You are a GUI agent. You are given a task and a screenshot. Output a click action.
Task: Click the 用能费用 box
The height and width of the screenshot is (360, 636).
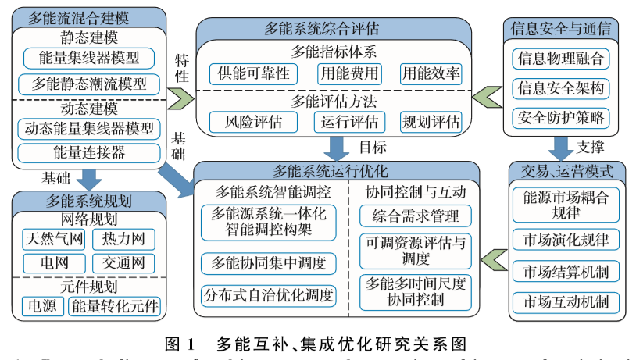348,75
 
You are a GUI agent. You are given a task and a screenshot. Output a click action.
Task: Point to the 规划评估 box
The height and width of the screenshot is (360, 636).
431,123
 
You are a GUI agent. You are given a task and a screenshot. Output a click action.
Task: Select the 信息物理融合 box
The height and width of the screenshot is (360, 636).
560,59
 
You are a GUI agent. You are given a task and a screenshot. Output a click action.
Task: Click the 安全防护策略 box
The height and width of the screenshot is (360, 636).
560,117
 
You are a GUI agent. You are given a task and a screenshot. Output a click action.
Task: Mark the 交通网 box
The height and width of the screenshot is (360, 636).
123,263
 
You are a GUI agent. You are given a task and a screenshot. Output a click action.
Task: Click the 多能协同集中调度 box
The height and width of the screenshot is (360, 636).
268,262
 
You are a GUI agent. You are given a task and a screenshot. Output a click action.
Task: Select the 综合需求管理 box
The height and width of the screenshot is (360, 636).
416,216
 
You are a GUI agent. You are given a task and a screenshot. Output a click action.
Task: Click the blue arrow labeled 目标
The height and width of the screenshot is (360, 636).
337,147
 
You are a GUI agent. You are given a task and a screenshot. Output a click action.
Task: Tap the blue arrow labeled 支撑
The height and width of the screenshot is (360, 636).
560,146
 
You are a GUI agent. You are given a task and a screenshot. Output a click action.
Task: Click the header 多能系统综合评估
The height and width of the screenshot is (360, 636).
334,30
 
